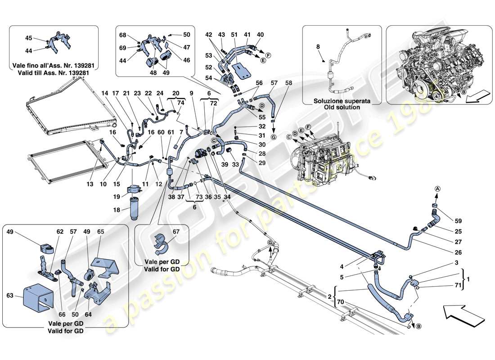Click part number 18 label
coord(116,210)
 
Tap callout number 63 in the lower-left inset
coord(12,296)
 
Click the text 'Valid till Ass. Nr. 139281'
coord(54,73)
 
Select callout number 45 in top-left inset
coord(29,38)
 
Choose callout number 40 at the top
coord(260,34)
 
